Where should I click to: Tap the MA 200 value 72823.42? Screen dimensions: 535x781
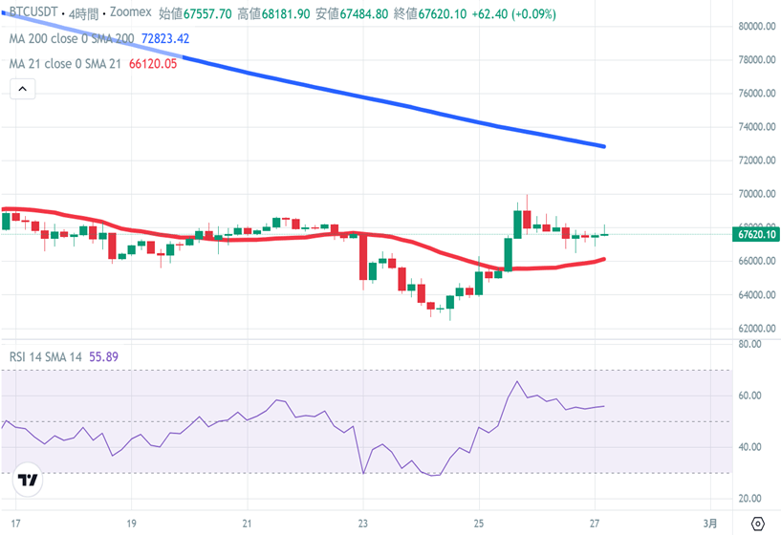pyautogui.click(x=165, y=39)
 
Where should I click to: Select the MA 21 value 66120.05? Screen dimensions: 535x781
pyautogui.click(x=153, y=64)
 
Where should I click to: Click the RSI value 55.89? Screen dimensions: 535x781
pyautogui.click(x=104, y=356)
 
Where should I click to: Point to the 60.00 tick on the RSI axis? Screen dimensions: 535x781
pyautogui.click(x=749, y=396)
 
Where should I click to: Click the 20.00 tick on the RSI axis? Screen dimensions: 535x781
pyautogui.click(x=749, y=499)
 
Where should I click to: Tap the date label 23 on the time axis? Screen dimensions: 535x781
pyautogui.click(x=363, y=524)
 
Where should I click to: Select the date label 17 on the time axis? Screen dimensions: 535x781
pyautogui.click(x=15, y=524)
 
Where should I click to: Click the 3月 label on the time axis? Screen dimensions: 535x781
pyautogui.click(x=710, y=524)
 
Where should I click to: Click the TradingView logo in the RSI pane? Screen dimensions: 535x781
pyautogui.click(x=29, y=481)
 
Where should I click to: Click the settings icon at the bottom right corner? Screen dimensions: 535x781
pyautogui.click(x=758, y=524)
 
